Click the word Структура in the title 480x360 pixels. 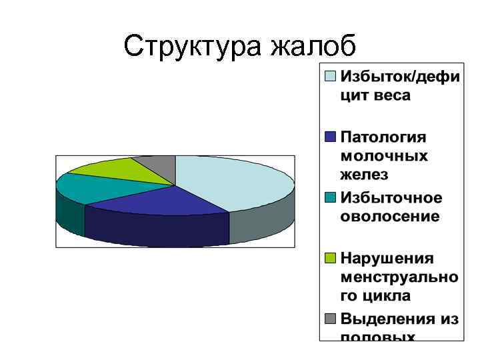click(193, 47)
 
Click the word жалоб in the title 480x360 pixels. click(314, 47)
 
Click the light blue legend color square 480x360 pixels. click(330, 76)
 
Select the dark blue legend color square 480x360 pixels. click(330, 137)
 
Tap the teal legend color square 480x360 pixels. click(330, 198)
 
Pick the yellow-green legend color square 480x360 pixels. click(330, 259)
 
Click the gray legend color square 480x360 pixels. click(330, 319)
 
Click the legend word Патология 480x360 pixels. click(383, 137)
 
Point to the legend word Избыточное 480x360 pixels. click(391, 198)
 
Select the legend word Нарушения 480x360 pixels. click(387, 259)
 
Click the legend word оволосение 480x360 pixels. click(390, 217)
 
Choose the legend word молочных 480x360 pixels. click(384, 156)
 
